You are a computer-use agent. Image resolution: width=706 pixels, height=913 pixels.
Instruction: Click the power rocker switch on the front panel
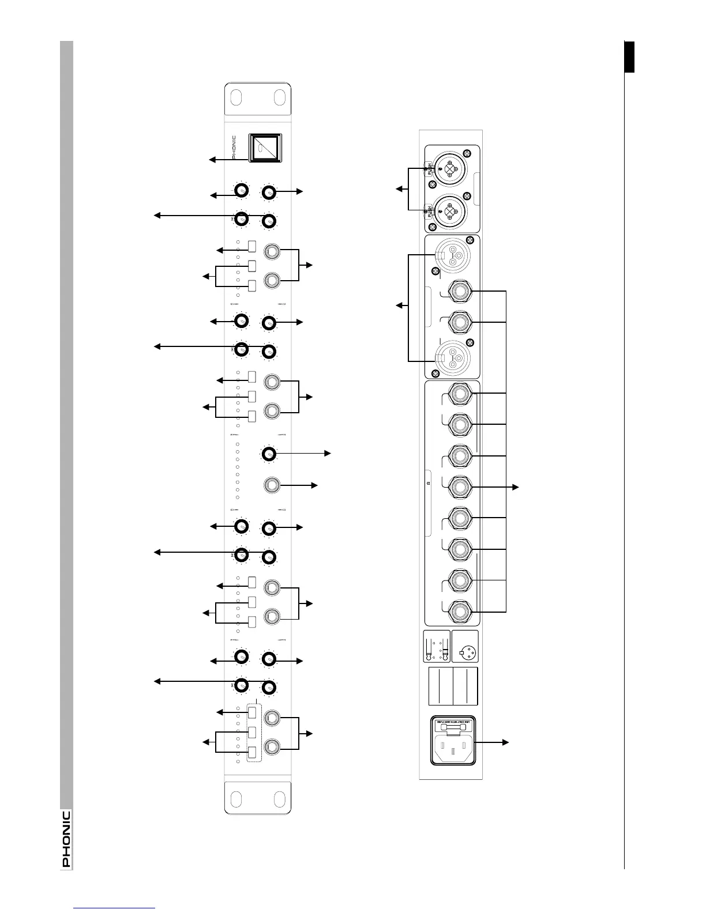pyautogui.click(x=265, y=148)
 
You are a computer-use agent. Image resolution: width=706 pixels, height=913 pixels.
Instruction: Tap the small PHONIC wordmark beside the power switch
pyautogui.click(x=233, y=148)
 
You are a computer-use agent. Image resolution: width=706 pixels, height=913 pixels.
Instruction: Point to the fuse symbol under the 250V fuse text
pyautogui.click(x=453, y=729)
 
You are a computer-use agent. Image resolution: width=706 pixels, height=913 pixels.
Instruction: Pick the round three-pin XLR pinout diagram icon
pyautogui.click(x=465, y=653)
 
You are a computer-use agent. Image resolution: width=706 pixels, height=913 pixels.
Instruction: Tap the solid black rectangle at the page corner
pyautogui.click(x=629, y=57)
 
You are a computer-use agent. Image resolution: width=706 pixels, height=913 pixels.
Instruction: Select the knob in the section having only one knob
pyautogui.click(x=269, y=454)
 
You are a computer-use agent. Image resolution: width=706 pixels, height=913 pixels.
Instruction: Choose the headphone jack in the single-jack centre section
pyautogui.click(x=271, y=485)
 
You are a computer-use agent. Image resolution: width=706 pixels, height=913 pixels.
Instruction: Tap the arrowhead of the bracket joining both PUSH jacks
pyautogui.click(x=398, y=188)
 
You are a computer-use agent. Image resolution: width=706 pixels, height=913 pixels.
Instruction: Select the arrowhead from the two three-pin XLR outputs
pyautogui.click(x=398, y=305)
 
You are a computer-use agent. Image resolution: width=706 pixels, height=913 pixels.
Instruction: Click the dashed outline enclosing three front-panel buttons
pyautogui.click(x=254, y=733)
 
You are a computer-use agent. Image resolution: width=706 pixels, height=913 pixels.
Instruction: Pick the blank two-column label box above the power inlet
pyautogui.click(x=453, y=686)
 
